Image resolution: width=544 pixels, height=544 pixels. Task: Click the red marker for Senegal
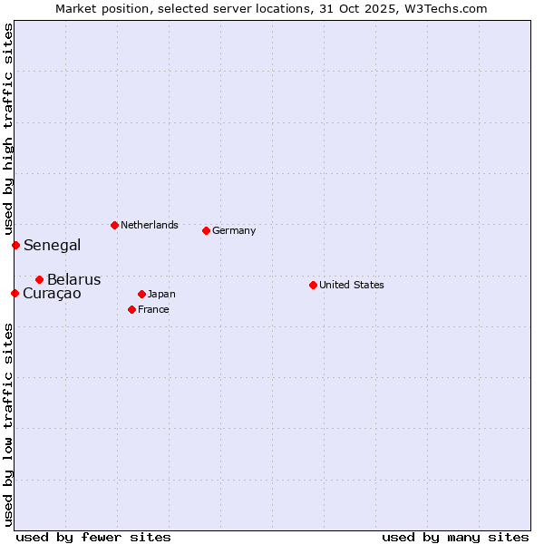click(x=15, y=245)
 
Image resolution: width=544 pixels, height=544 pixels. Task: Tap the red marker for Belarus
click(x=39, y=279)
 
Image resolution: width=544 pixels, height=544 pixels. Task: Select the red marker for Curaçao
click(x=15, y=293)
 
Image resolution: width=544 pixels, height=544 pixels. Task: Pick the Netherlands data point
click(x=114, y=225)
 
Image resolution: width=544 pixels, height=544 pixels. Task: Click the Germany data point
click(x=206, y=230)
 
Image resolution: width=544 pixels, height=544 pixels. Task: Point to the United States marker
click(x=313, y=285)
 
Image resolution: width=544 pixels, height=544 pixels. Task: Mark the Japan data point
click(x=141, y=294)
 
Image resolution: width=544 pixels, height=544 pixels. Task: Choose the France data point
click(x=131, y=309)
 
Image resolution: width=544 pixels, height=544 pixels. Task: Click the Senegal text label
click(x=52, y=245)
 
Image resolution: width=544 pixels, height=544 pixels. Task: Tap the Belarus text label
click(x=73, y=279)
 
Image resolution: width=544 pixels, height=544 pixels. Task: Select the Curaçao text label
click(x=52, y=293)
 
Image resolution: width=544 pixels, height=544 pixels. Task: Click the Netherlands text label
click(x=149, y=225)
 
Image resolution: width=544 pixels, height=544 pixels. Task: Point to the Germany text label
click(x=234, y=230)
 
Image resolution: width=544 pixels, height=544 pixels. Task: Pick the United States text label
click(x=351, y=285)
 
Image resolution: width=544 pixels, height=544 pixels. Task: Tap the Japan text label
click(x=161, y=294)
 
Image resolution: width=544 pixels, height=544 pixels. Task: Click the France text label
click(x=153, y=309)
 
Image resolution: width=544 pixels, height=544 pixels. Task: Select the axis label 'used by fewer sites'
click(x=93, y=537)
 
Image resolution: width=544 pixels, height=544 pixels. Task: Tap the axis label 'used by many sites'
click(x=455, y=537)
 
